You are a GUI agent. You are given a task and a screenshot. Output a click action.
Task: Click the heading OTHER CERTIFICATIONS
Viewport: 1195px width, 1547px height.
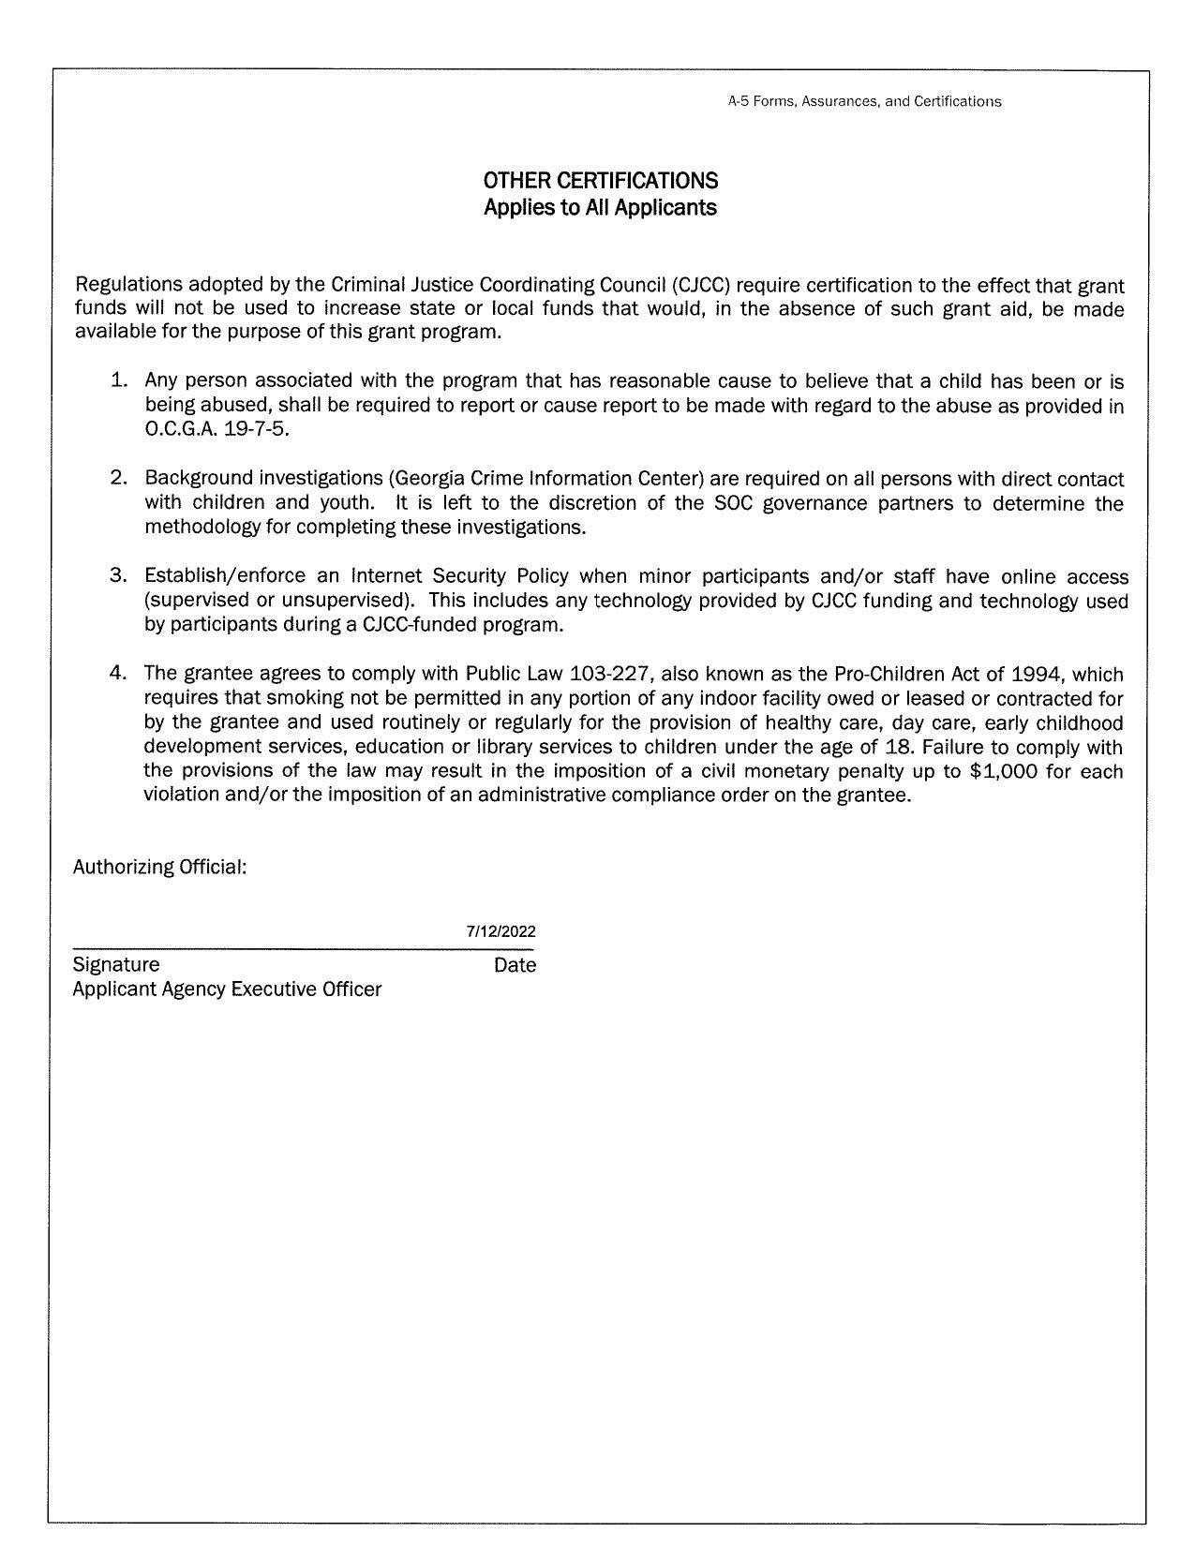pyautogui.click(x=601, y=180)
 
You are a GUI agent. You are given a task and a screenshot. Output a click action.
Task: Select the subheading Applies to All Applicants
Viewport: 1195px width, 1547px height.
pyautogui.click(x=600, y=207)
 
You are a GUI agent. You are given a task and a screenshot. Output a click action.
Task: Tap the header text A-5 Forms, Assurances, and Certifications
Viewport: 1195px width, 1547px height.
pyautogui.click(x=864, y=101)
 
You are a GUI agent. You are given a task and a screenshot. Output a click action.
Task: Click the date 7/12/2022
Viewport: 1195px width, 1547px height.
pyautogui.click(x=501, y=931)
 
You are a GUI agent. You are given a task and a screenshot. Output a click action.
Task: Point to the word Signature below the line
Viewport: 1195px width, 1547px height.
pyautogui.click(x=116, y=964)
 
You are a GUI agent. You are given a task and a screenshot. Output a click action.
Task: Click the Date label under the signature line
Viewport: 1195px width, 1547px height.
pyautogui.click(x=515, y=964)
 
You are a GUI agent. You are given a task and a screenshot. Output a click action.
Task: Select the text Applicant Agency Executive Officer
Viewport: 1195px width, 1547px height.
pyautogui.click(x=227, y=989)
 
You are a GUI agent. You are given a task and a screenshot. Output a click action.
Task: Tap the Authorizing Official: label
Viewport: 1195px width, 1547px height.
pyautogui.click(x=159, y=867)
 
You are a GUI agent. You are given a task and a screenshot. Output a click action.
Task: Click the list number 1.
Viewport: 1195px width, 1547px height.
pyautogui.click(x=118, y=380)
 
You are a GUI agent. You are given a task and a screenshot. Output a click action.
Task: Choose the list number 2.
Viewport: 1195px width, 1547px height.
pyautogui.click(x=118, y=478)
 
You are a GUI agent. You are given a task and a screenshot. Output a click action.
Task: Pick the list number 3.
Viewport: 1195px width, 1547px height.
pyautogui.click(x=118, y=575)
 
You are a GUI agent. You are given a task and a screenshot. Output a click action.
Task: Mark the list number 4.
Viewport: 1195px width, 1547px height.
pyautogui.click(x=118, y=673)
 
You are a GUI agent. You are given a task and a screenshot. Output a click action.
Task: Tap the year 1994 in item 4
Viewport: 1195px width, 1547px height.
pyautogui.click(x=1039, y=674)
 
